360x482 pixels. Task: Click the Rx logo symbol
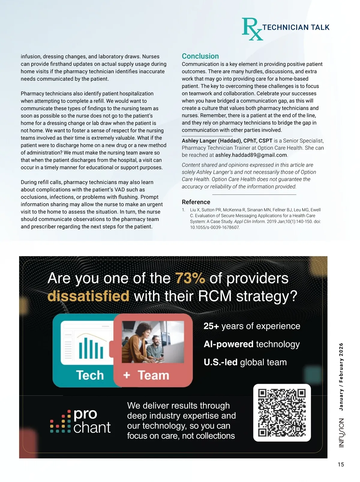pos(252,29)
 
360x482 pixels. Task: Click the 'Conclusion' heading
pos(200,56)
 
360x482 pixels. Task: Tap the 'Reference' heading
pos(196,202)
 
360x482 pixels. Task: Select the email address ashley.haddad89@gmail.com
pos(251,155)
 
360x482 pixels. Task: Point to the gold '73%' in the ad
pos(190,278)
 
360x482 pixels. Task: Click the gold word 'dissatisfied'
pos(88,296)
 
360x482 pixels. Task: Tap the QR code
pos(282,413)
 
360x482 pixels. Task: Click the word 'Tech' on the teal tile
pos(90,375)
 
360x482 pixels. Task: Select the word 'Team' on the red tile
pos(153,375)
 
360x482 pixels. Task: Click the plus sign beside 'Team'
pos(127,375)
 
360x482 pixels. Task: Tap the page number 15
pos(341,465)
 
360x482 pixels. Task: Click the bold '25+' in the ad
pos(211,326)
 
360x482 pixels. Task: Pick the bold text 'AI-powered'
pos(228,344)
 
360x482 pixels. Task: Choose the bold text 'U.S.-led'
pos(220,362)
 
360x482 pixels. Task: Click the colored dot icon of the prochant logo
pos(60,422)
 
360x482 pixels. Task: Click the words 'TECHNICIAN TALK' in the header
pos(296,28)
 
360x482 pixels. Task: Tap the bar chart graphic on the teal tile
pos(91,348)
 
